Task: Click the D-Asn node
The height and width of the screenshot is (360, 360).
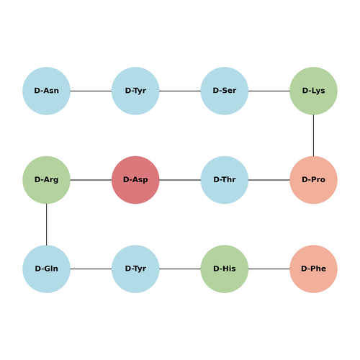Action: pos(46,91)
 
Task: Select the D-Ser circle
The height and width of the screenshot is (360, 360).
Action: pos(225,91)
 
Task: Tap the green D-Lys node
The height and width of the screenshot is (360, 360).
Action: pos(313,91)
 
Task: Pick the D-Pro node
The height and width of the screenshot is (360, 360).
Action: pos(313,180)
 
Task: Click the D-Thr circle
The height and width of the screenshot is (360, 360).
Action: pos(225,180)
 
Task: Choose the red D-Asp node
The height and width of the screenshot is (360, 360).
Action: pos(135,180)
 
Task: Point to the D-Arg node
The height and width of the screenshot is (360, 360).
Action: pos(46,180)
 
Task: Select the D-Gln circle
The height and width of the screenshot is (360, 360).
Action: pos(46,269)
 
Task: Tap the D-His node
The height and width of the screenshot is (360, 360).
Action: pos(225,269)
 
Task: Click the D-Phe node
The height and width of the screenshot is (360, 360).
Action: pos(313,269)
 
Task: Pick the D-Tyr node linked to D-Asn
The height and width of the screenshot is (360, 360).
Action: pos(135,91)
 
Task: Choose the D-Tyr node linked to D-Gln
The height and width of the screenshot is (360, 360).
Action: pos(135,269)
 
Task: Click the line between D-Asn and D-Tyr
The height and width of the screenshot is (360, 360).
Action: pos(91,91)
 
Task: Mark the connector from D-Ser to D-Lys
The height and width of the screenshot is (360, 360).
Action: pos(269,91)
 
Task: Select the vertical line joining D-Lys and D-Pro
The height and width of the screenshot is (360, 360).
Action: pos(313,135)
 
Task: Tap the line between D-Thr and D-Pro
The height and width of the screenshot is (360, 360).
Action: pos(269,180)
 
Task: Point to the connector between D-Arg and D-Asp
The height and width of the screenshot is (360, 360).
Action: pos(91,180)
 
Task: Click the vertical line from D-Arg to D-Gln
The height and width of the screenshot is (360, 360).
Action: pos(46,225)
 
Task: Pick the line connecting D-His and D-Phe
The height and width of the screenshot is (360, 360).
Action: pos(269,269)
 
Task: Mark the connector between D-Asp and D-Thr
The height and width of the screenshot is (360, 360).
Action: pos(180,180)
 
